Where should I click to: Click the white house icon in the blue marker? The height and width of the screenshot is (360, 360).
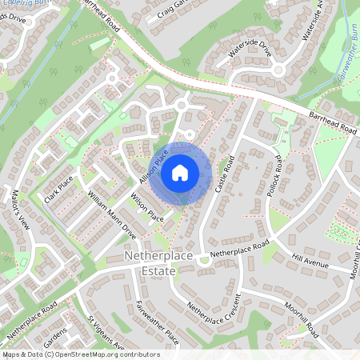click(180, 171)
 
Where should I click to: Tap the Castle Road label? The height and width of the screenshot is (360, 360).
click(225, 174)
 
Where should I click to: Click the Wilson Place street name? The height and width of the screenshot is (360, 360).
click(146, 207)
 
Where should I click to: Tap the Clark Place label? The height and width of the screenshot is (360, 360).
click(59, 190)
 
